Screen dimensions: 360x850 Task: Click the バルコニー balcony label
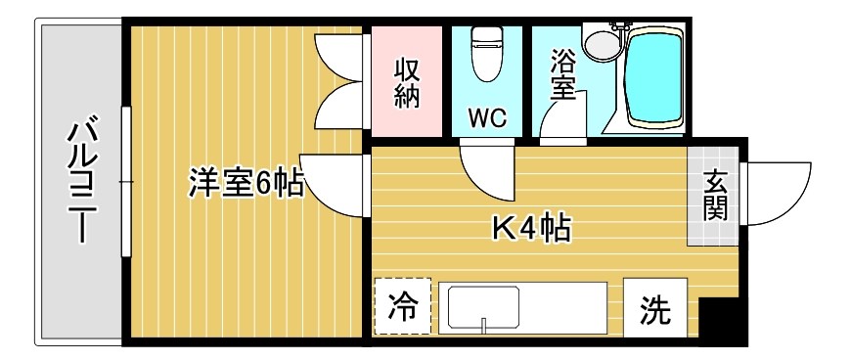[80, 183]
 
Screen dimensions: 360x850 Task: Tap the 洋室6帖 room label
[246, 183]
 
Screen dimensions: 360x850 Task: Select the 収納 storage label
[407, 82]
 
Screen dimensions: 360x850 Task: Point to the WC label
[486, 117]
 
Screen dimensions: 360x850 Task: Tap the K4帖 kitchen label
[530, 230]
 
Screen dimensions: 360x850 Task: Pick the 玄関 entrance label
[715, 195]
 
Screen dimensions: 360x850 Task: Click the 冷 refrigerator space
[402, 307]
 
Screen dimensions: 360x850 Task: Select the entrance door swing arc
[778, 191]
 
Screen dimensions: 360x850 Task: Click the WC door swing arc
[486, 168]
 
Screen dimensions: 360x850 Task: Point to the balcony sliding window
[125, 182]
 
